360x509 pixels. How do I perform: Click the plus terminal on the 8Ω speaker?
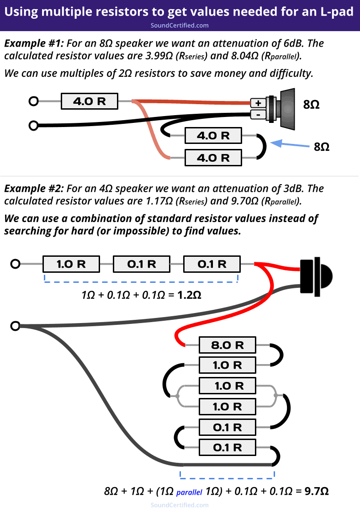point(258,103)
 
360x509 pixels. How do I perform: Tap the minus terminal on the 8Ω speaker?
point(258,114)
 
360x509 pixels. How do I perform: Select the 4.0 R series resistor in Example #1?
point(90,101)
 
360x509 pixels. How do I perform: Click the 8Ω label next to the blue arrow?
point(322,147)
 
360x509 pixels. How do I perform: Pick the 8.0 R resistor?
point(227,345)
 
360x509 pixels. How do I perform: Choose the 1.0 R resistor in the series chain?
point(71,264)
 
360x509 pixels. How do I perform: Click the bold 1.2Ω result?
point(189,295)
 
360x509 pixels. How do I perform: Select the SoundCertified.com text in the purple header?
point(180,25)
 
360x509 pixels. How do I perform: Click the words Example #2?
point(34,188)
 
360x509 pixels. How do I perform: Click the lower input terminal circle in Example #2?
point(16,326)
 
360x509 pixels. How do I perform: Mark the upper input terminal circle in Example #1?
point(33,101)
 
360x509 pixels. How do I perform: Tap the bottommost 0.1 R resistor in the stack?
point(227,447)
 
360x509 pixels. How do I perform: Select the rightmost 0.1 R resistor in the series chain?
point(212,264)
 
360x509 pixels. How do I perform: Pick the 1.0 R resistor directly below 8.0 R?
point(227,365)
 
